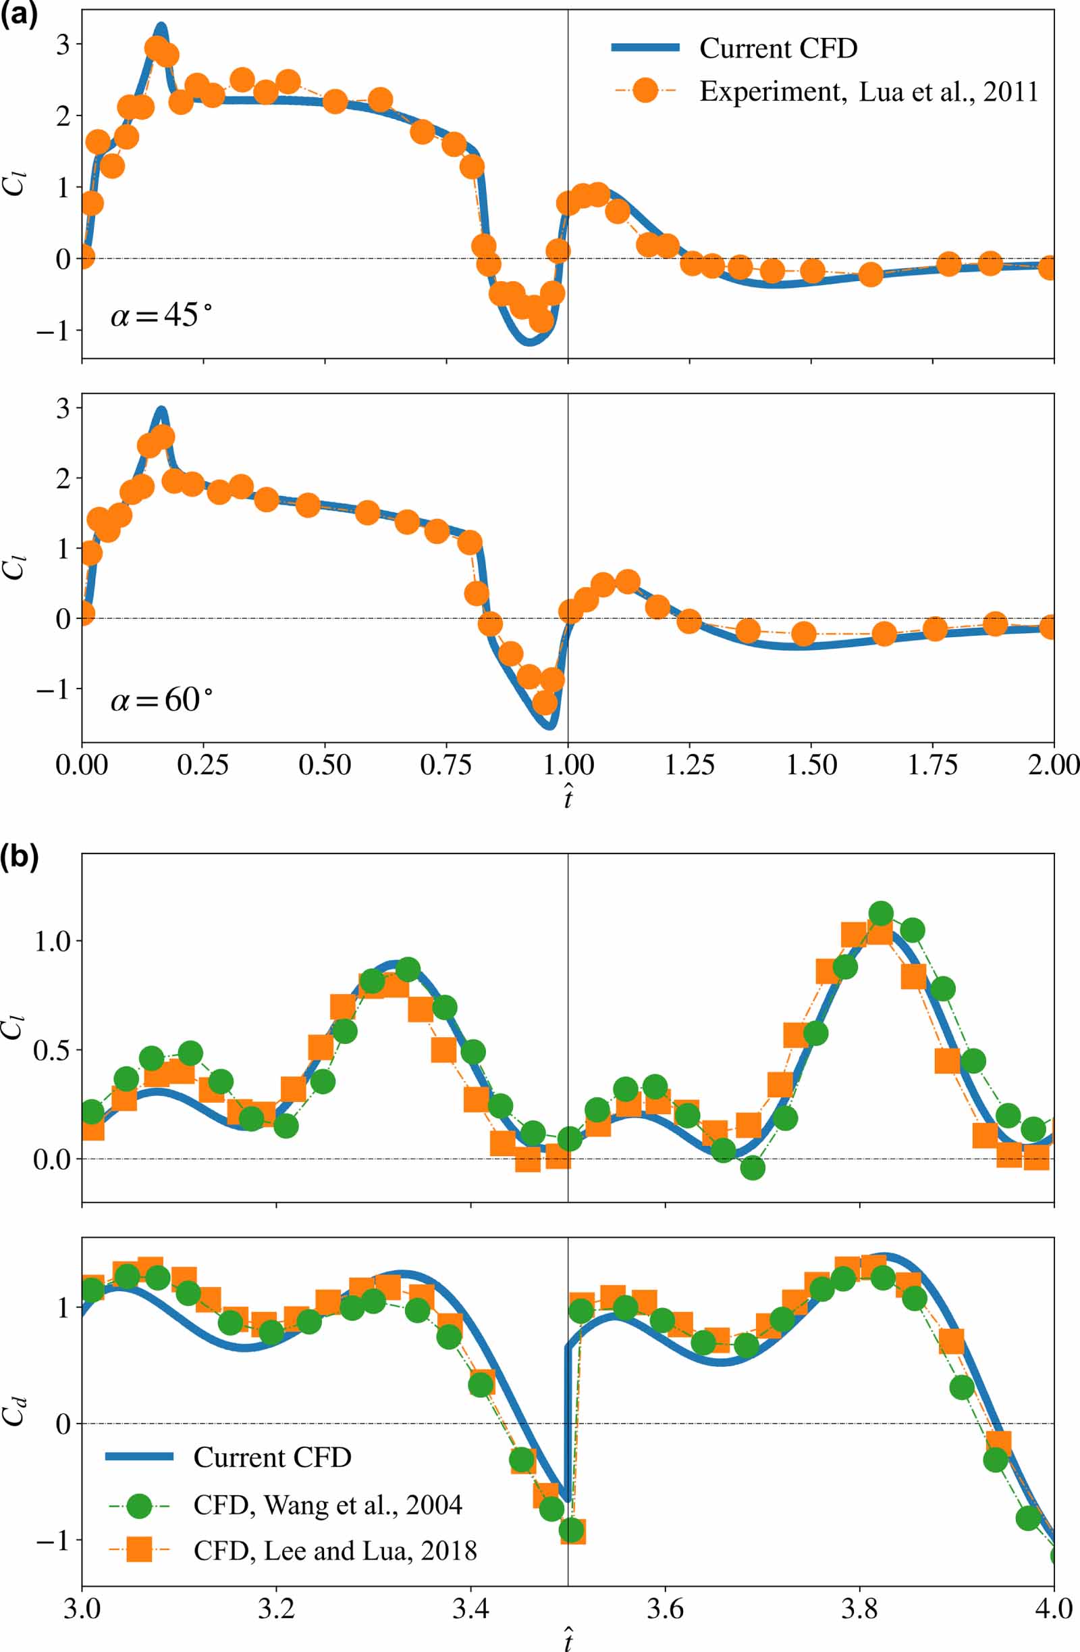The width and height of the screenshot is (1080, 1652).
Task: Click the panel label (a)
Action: click(x=19, y=15)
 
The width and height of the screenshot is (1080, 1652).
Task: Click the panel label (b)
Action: click(x=19, y=859)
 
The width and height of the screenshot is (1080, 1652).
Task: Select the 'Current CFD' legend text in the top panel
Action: click(x=778, y=49)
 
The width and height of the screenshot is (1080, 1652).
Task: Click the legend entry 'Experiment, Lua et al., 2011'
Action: click(x=868, y=92)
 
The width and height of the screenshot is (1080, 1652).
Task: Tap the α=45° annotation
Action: click(x=161, y=316)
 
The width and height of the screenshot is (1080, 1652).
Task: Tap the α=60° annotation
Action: click(x=161, y=700)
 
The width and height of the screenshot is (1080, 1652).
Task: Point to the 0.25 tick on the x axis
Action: click(x=202, y=765)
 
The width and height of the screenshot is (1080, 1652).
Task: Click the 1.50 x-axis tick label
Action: click(x=811, y=765)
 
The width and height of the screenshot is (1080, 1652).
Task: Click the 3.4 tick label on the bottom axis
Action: click(x=471, y=1608)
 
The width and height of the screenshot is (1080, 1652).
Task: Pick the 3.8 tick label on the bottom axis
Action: click(x=859, y=1608)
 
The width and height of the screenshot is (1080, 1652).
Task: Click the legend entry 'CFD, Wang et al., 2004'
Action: click(x=327, y=1505)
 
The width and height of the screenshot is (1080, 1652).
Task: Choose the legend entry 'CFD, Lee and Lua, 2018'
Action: click(x=334, y=1551)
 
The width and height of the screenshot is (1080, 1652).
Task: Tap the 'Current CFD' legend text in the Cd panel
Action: click(x=272, y=1457)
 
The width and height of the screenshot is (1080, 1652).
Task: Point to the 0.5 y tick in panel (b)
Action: click(x=52, y=1050)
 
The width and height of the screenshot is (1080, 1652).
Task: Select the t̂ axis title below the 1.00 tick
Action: click(x=568, y=798)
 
